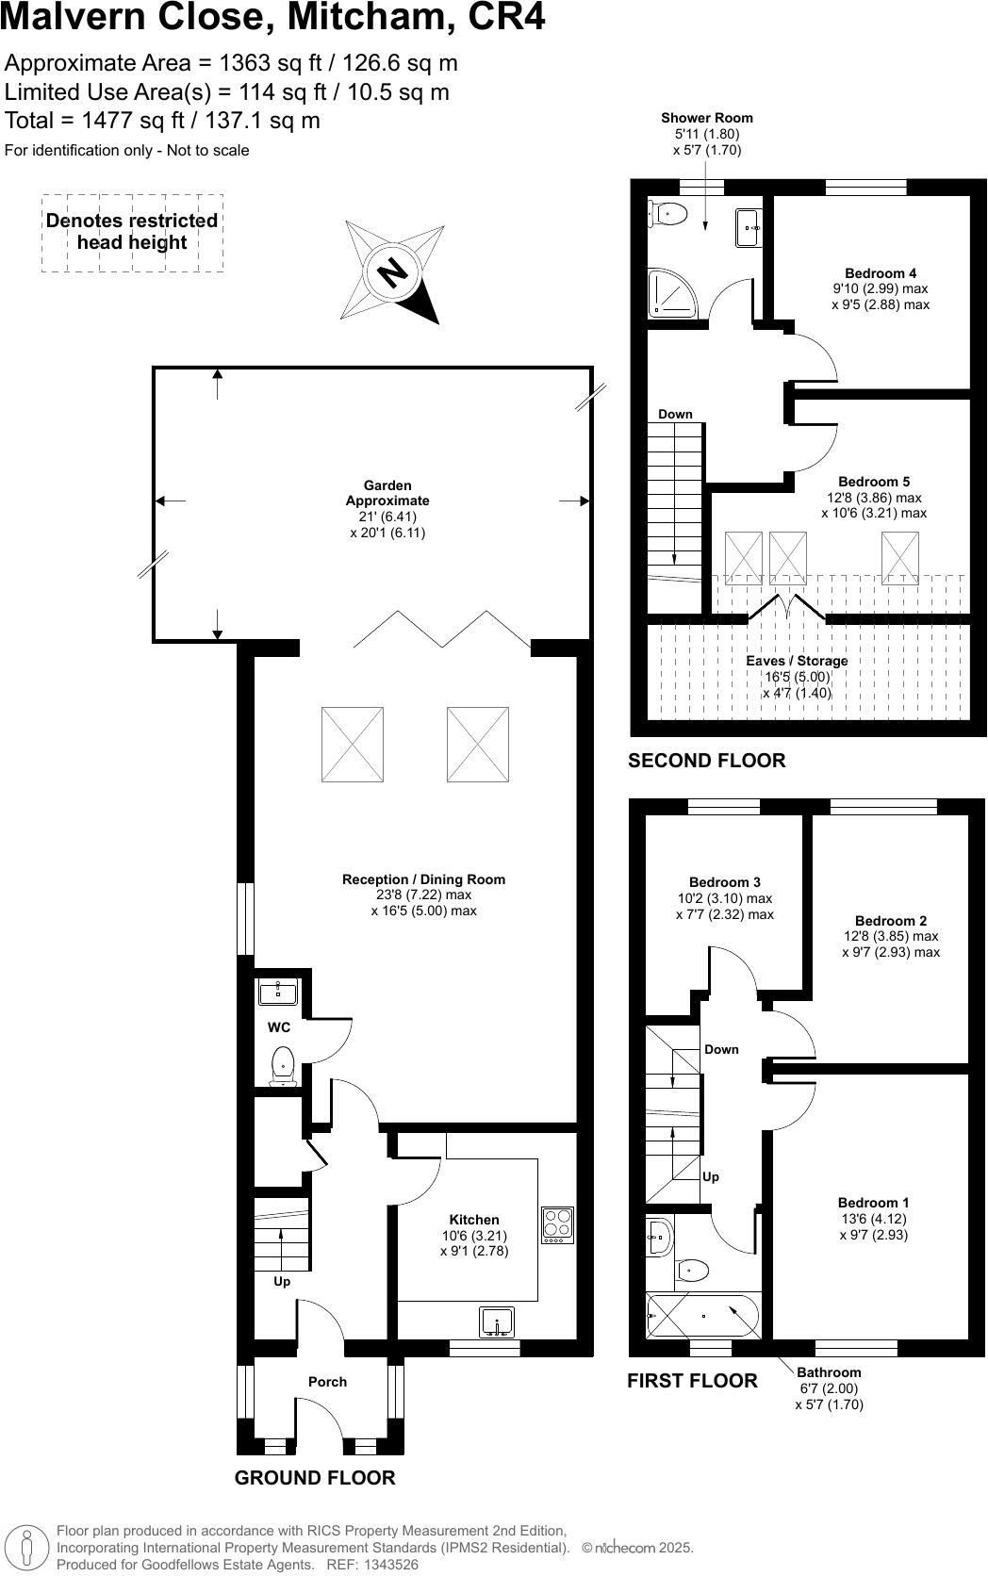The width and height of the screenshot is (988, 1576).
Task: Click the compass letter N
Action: (x=392, y=273)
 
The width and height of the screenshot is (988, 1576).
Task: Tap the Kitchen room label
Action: (x=473, y=1220)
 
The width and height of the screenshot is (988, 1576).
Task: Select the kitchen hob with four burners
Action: (x=558, y=1224)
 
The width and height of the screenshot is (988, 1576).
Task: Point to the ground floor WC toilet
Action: (x=283, y=1065)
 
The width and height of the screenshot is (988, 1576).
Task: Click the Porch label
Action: (x=327, y=1382)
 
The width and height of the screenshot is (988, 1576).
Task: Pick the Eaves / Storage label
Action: (x=797, y=661)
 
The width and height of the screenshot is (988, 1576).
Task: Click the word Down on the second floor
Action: (x=675, y=414)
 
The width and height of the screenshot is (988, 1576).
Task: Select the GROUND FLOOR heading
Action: (x=315, y=1478)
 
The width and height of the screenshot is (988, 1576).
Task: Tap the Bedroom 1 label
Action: (x=873, y=1203)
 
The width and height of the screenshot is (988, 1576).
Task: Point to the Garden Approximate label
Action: (x=387, y=493)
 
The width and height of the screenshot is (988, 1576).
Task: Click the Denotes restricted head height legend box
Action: (x=132, y=233)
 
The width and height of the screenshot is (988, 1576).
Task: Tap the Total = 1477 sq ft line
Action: (x=162, y=121)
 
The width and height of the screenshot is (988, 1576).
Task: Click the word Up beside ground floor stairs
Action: (x=282, y=1282)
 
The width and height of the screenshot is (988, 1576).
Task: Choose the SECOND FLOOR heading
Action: (x=706, y=761)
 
